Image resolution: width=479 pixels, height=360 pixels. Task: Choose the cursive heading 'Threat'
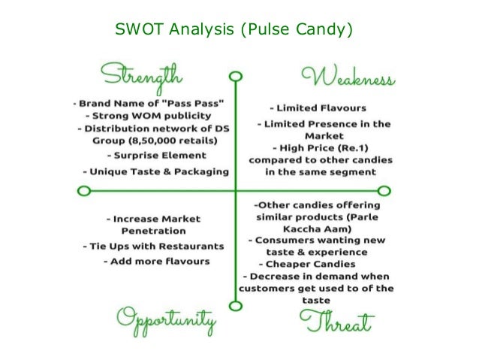coord(338,323)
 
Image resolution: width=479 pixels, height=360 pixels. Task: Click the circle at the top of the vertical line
coord(235,77)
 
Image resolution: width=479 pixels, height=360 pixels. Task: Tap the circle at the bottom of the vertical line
coord(235,306)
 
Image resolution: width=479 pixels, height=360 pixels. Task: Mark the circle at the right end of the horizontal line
coord(384,191)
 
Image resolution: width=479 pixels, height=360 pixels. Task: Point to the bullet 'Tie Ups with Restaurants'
coord(152,246)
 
